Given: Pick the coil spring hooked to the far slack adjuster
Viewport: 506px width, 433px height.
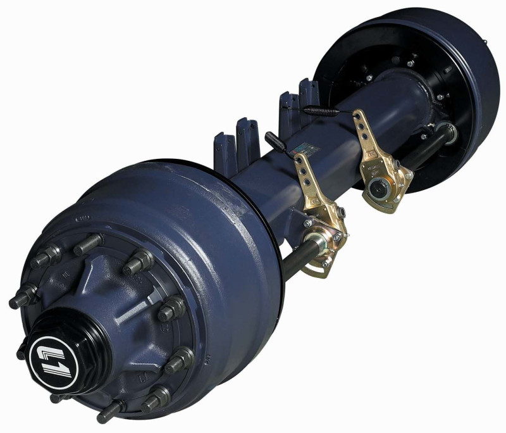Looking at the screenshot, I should coord(323,110).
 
